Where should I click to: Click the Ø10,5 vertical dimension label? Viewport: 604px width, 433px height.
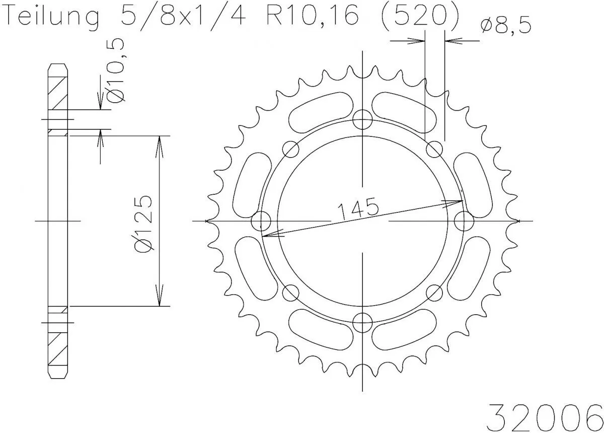pyautogui.click(x=116, y=70)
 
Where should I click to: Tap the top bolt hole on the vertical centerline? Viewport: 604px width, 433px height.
pyautogui.click(x=362, y=120)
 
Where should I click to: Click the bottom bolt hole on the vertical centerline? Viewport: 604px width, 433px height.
pyautogui.click(x=362, y=322)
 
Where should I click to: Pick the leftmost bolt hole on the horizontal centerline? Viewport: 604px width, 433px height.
pyautogui.click(x=261, y=221)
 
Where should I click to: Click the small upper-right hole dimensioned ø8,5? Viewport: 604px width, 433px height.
pyautogui.click(x=434, y=149)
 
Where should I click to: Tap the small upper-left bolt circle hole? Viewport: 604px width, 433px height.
pyautogui.click(x=290, y=149)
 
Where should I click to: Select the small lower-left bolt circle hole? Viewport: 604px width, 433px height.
pyautogui.click(x=290, y=293)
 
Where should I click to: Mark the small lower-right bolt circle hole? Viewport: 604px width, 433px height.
pyautogui.click(x=434, y=293)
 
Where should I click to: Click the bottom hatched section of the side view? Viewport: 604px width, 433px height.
pyautogui.click(x=57, y=350)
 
